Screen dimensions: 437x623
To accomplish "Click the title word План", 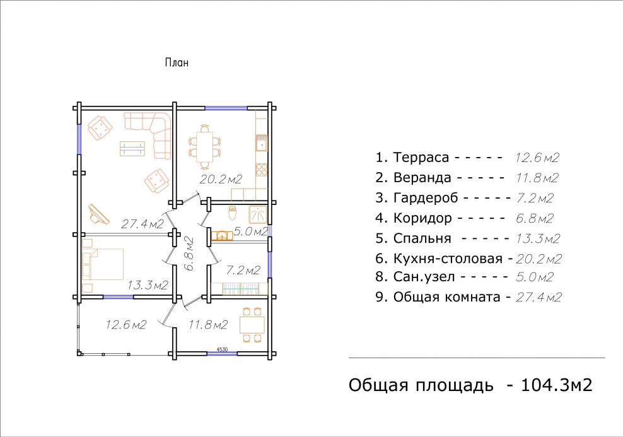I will click(177, 62).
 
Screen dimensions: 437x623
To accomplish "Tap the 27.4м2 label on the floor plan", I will click(142, 223).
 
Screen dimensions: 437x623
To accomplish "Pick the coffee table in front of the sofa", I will click(132, 149).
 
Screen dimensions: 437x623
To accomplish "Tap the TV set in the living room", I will click(97, 214).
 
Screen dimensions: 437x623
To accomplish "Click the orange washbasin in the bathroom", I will click(221, 236).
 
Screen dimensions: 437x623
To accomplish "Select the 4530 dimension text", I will click(222, 349).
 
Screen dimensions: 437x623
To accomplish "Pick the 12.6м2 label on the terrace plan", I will click(126, 325).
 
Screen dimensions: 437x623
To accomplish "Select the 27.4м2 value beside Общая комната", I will click(539, 297).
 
